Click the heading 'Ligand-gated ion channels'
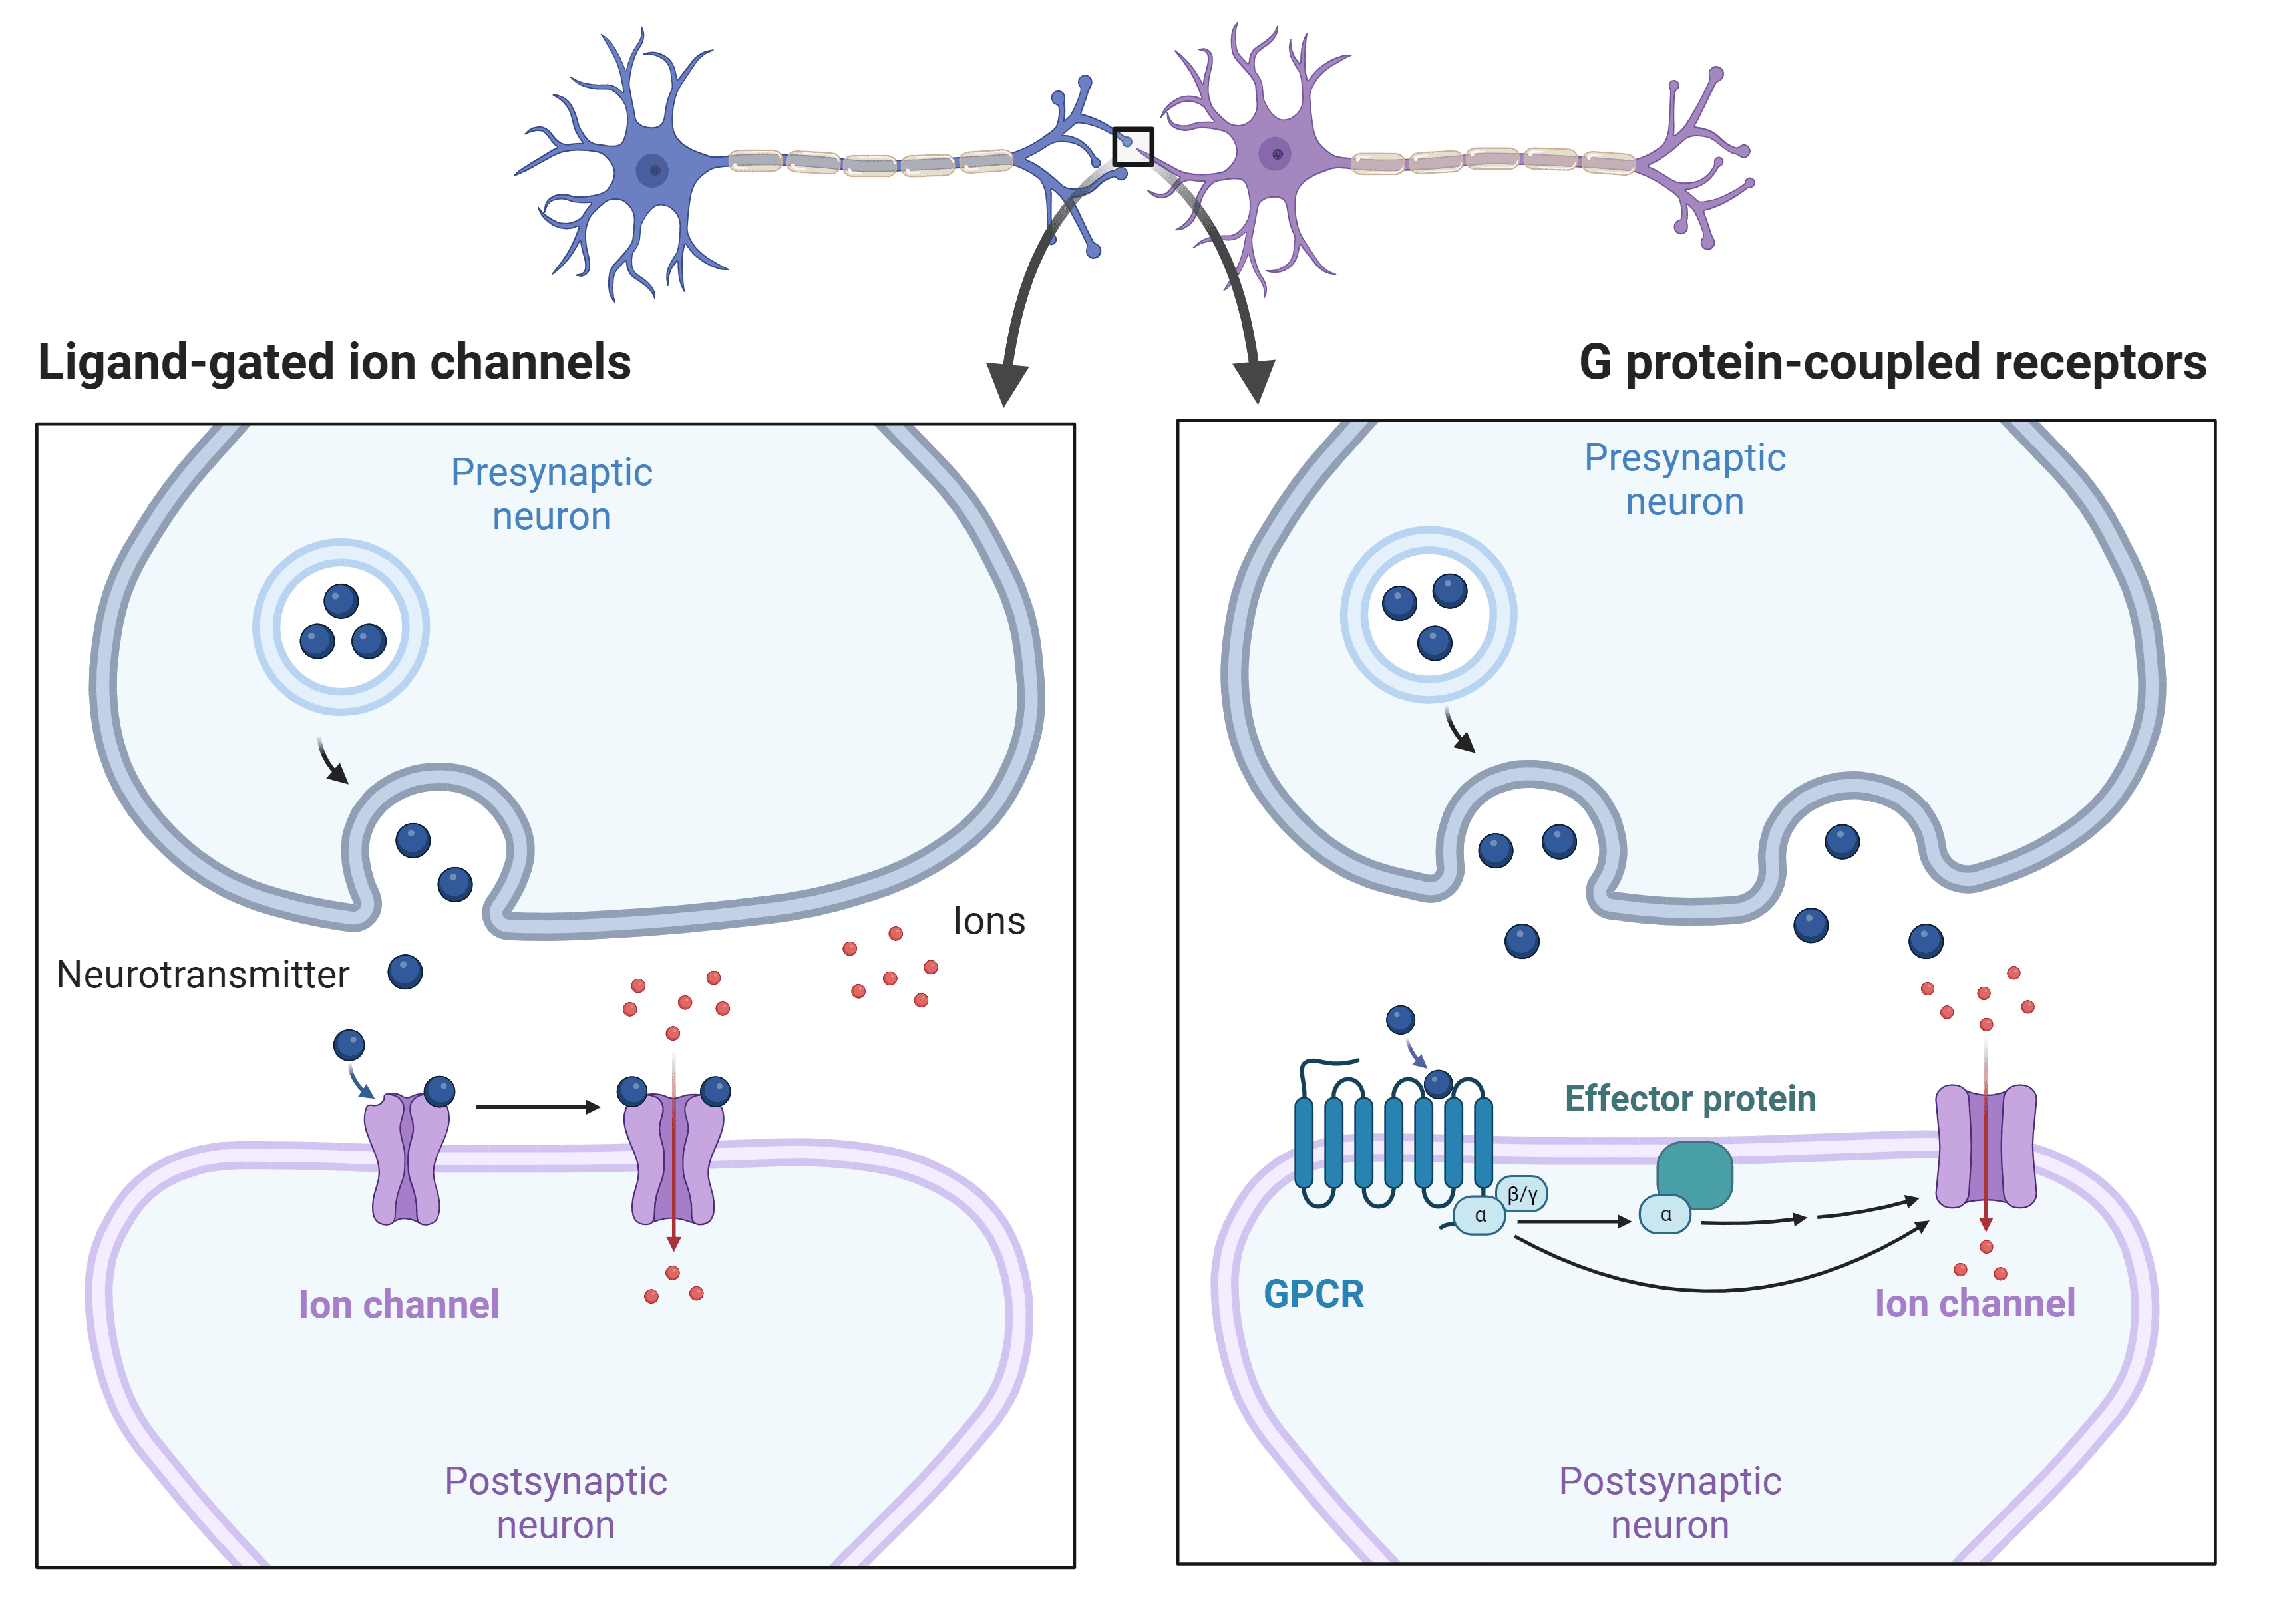334,362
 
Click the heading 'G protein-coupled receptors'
1892,362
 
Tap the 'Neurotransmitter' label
203,975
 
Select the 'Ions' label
988,922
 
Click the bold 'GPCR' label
1313,1294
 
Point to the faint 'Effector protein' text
1689,1099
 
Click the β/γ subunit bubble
1522,1194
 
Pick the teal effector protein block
1694,1174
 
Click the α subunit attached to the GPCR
1480,1215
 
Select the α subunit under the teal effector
1665,1214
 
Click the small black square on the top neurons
1133,146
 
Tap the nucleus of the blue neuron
653,170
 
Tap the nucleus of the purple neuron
1276,154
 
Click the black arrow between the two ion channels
538,1107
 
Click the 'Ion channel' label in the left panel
399,1304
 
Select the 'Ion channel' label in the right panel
1974,1304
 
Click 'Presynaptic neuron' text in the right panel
1685,480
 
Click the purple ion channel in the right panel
1985,1147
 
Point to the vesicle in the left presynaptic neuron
341,627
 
